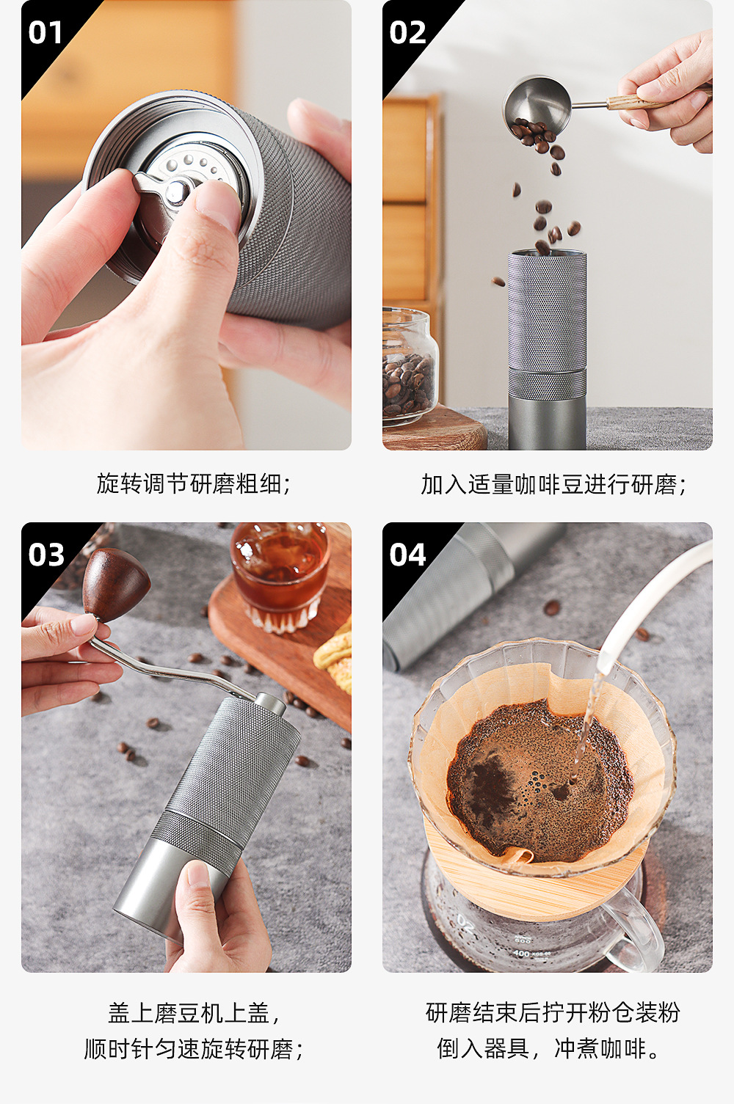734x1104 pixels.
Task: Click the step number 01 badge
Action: point(46,33)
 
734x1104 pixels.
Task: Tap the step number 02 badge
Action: point(407,33)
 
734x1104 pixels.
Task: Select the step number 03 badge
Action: point(46,555)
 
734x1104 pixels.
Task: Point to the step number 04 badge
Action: point(407,555)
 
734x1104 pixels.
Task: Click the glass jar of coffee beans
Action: point(410,366)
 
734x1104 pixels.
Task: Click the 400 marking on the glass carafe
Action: point(521,953)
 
